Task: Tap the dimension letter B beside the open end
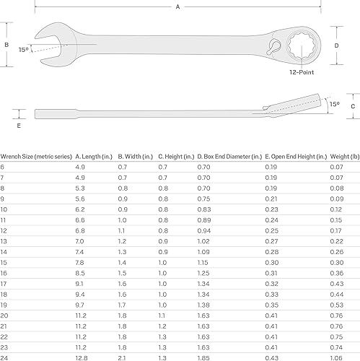(6, 45)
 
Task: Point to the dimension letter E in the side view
(19, 124)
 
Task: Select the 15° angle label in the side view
(334, 104)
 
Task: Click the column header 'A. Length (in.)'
(94, 155)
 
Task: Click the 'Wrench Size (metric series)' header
(34, 155)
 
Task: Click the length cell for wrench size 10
(81, 209)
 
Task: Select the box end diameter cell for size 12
(205, 231)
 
